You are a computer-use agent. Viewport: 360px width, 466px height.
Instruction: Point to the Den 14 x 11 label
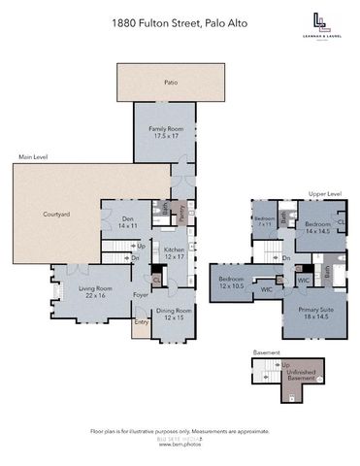click(127, 222)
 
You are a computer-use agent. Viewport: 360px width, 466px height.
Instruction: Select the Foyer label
click(140, 294)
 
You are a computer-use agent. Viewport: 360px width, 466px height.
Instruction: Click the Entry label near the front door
click(142, 322)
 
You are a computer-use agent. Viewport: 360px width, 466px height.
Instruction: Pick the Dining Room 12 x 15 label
click(174, 316)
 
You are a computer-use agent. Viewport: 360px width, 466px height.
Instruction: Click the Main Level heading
click(33, 157)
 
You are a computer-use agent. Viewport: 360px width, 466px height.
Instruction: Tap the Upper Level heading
click(324, 194)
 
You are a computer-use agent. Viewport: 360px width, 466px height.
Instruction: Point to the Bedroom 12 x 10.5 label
click(232, 282)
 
